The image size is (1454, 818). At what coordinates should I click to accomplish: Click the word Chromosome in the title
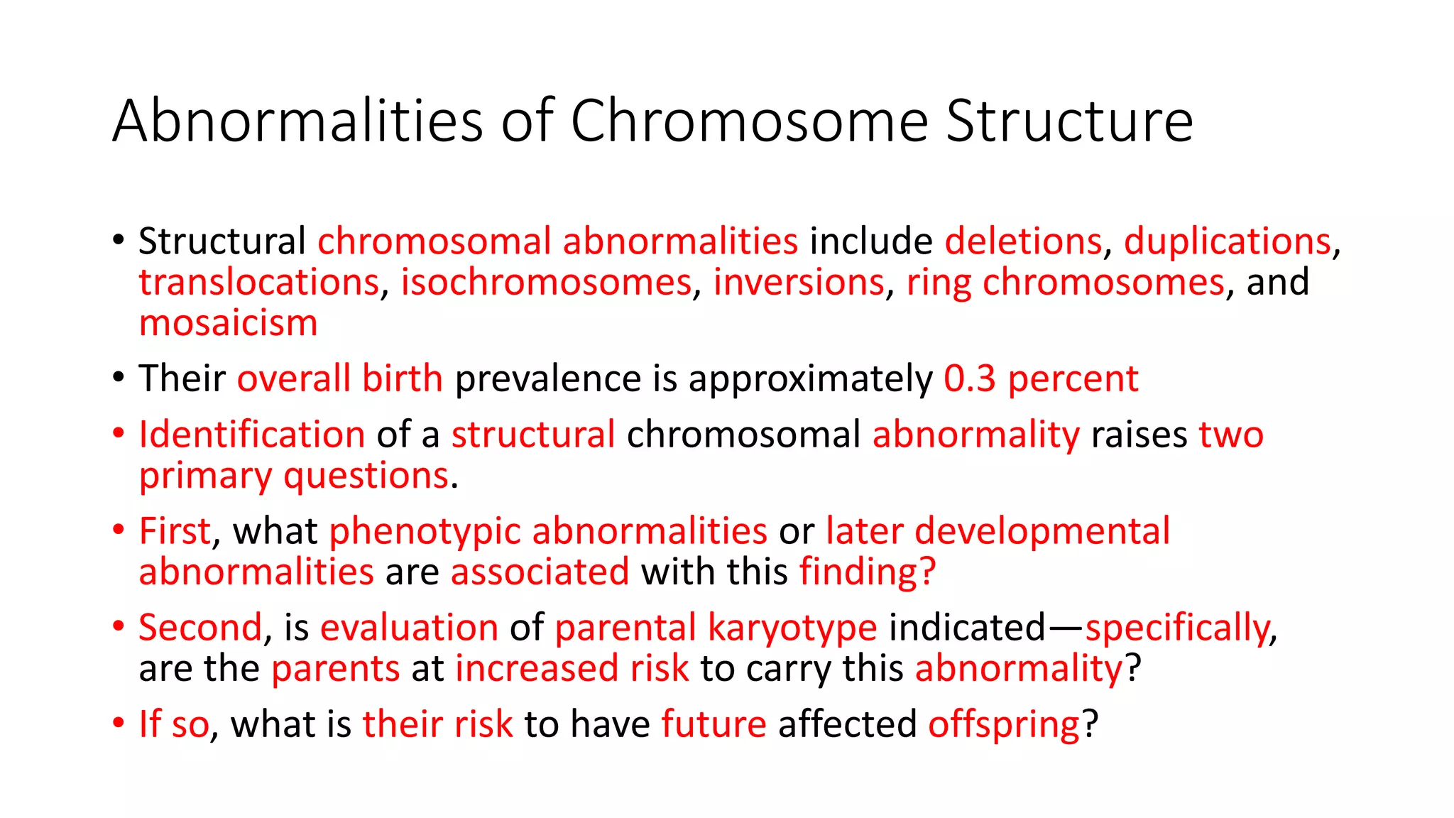coord(749,121)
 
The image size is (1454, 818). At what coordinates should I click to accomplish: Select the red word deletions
coord(1023,241)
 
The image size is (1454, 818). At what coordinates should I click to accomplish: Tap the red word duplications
coord(1227,241)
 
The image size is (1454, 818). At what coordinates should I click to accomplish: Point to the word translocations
coord(259,283)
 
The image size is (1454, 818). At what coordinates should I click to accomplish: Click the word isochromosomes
coord(546,283)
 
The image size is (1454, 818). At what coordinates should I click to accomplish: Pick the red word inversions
coord(799,283)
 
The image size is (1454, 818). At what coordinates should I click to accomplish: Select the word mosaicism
coord(228,324)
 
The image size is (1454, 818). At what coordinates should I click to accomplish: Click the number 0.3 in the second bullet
coord(970,378)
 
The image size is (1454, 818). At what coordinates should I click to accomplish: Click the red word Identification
coord(252,435)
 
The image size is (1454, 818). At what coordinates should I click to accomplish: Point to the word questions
coord(366,476)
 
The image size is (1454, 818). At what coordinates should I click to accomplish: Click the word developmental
coord(1042,531)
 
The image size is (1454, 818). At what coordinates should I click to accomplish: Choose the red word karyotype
coord(792,628)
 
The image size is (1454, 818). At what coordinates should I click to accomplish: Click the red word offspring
coord(1004,724)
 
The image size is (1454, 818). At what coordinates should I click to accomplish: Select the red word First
coord(175,531)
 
